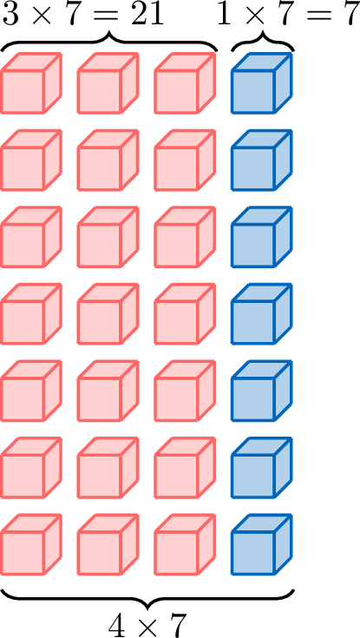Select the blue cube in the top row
pyautogui.click(x=262, y=82)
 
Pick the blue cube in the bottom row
pyautogui.click(x=262, y=544)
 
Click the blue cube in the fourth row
pyautogui.click(x=262, y=313)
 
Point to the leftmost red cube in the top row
pyautogui.click(x=31, y=82)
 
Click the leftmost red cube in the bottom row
pyautogui.click(x=31, y=544)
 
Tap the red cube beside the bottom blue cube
pyautogui.click(x=185, y=544)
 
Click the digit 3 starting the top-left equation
pyautogui.click(x=10, y=15)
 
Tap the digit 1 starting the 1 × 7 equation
pyautogui.click(x=226, y=15)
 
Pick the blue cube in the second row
pyautogui.click(x=262, y=160)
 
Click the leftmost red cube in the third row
pyautogui.click(x=31, y=236)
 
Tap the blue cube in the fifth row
pyautogui.click(x=262, y=391)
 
